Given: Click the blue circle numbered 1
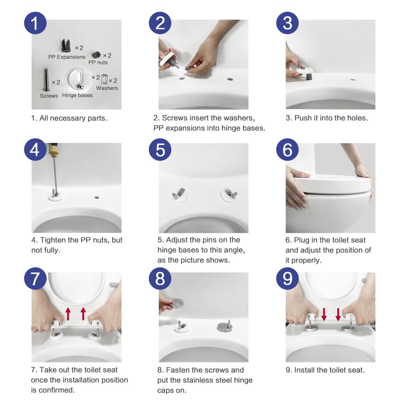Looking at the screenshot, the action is click(35, 23).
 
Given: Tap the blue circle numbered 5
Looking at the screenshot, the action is click(160, 149).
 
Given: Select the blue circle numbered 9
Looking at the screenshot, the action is click(287, 279).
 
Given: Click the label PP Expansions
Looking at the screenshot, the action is click(67, 57).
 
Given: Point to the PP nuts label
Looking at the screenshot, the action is click(98, 62).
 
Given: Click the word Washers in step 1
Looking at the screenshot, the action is click(107, 88).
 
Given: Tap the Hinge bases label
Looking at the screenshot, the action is click(77, 95).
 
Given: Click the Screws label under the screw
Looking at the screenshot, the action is click(49, 96).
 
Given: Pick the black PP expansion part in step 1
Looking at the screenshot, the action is click(66, 45).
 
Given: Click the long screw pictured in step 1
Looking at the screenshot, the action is click(47, 80).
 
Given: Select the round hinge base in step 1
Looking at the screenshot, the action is click(79, 79).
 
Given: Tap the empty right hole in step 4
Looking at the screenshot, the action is click(97, 198).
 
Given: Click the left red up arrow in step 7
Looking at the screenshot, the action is click(68, 314).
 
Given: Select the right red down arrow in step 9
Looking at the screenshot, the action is click(338, 314).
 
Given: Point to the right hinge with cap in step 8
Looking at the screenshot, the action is click(224, 326).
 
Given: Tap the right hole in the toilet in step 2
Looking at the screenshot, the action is click(230, 79).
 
